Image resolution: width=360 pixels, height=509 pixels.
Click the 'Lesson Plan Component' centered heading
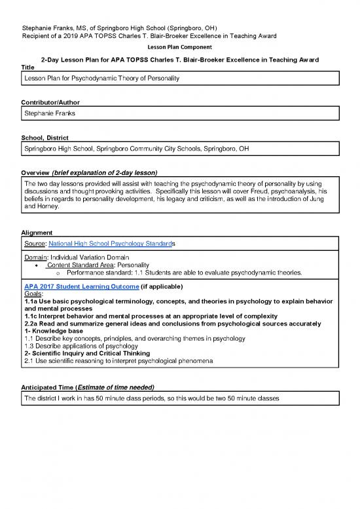(179, 48)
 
